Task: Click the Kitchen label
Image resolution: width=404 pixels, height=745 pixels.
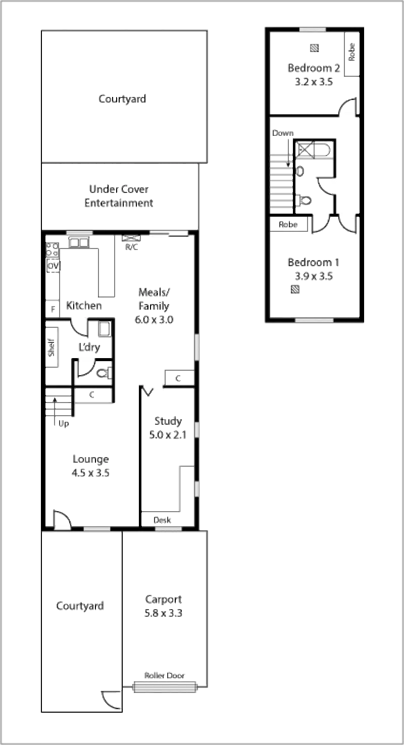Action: click(x=84, y=306)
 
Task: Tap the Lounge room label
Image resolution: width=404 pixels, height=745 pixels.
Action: click(x=90, y=460)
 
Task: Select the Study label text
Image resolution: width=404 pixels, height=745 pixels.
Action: click(x=168, y=421)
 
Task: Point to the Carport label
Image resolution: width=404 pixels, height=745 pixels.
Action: click(x=163, y=600)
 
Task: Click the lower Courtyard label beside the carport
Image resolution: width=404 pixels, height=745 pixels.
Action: click(x=80, y=605)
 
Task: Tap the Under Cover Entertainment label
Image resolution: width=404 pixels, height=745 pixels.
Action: click(x=119, y=196)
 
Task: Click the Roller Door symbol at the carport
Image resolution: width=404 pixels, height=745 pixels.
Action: click(x=165, y=687)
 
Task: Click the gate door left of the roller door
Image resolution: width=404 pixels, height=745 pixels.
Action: click(x=112, y=700)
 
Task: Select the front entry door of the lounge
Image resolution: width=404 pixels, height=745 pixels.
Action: click(x=63, y=520)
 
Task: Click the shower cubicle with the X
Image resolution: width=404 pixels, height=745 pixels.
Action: click(x=306, y=150)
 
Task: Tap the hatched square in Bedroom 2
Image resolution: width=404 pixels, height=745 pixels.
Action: click(x=314, y=47)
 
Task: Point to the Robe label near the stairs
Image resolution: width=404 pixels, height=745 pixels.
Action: click(x=286, y=225)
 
